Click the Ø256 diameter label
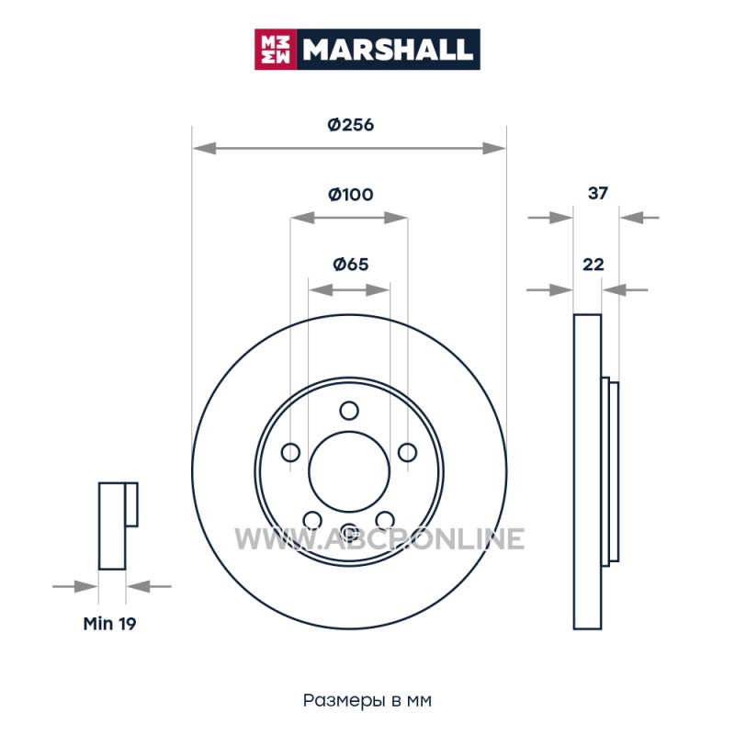[x=351, y=125]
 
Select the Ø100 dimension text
[x=351, y=194]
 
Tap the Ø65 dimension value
[x=351, y=265]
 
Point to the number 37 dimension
[x=598, y=193]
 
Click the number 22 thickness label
[x=593, y=265]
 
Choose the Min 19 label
[x=109, y=624]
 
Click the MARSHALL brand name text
[x=387, y=50]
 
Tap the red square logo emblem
[x=276, y=50]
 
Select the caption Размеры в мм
[x=367, y=701]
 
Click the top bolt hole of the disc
[x=349, y=411]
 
